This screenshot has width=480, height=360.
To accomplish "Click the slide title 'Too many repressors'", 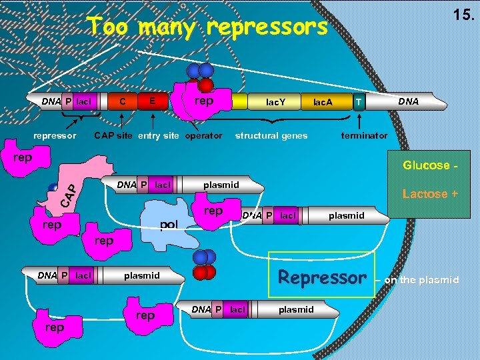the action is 208,28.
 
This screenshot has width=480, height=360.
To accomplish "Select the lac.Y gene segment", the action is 275,102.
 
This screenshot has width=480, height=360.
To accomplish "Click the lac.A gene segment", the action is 323,102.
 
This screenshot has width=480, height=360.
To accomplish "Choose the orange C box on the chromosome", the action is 122,102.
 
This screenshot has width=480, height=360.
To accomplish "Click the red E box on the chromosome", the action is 153,101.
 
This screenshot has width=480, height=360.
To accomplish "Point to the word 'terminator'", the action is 363,135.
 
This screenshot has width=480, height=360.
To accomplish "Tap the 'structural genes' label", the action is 271,135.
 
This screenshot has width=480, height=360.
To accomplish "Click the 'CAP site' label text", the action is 114,135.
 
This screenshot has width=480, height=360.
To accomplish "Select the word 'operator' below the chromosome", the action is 203,135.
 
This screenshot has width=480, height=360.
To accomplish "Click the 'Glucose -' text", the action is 426,165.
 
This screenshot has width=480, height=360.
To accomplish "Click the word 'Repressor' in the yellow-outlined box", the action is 323,277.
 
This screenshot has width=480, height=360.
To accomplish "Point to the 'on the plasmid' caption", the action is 421,280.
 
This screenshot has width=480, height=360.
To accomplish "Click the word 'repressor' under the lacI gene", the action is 55,135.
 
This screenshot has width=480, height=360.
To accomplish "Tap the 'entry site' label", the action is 159,135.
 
